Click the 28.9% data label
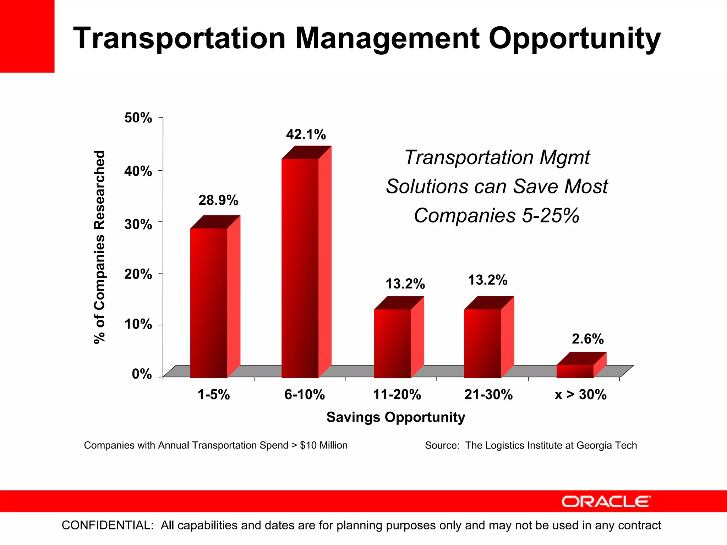(x=218, y=200)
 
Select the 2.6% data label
(x=587, y=339)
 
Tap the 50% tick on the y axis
(x=138, y=118)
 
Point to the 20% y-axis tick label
(x=138, y=274)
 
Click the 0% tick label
(x=142, y=374)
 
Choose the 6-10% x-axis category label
(x=305, y=395)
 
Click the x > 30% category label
(x=580, y=395)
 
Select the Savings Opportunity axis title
(x=395, y=417)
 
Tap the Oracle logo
(x=606, y=502)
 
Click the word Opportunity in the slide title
(x=574, y=38)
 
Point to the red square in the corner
(x=27, y=36)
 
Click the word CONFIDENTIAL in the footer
(x=108, y=525)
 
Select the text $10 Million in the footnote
(x=323, y=445)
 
